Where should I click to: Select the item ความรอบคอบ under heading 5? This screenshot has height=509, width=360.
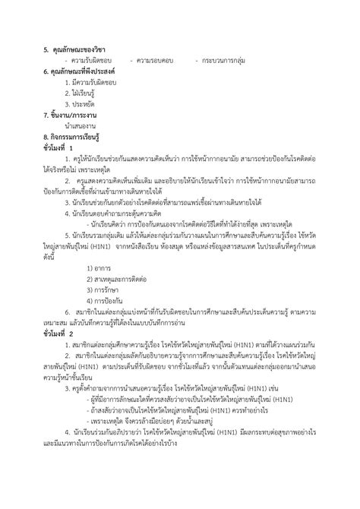(x=155, y=60)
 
